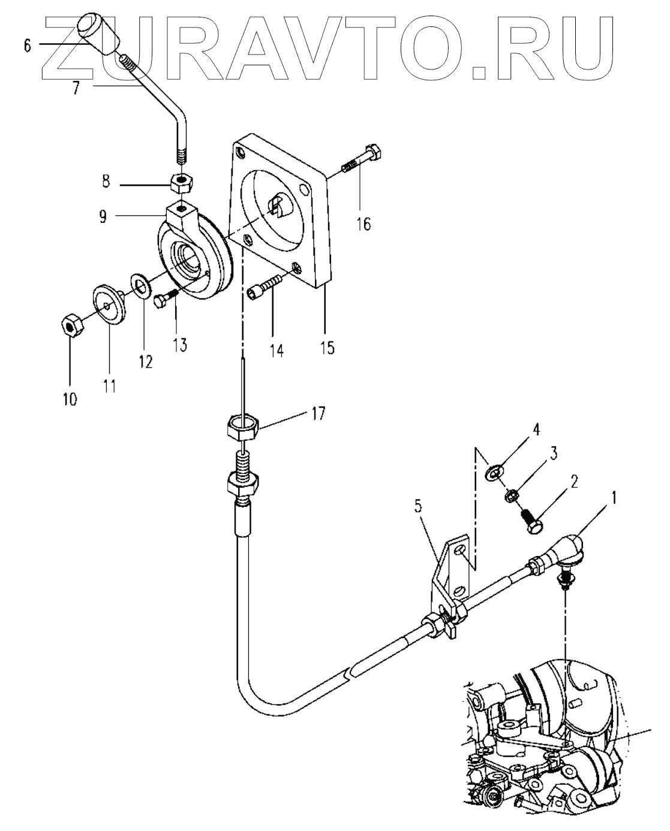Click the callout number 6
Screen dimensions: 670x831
[27, 46]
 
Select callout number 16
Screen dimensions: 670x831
[363, 223]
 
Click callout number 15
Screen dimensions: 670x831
[327, 348]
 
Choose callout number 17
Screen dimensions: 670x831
[318, 414]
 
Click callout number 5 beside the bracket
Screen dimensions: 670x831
[418, 507]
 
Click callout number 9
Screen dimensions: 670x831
[103, 217]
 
